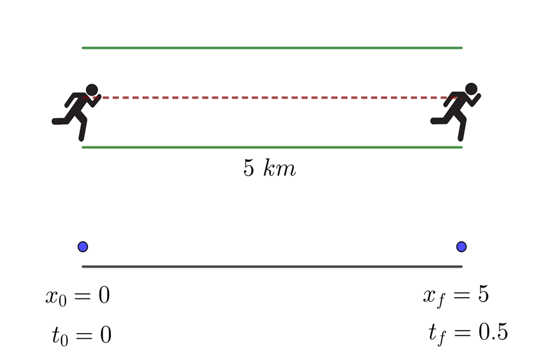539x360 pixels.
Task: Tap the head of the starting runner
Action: click(x=92, y=90)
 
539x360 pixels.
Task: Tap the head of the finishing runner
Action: click(x=472, y=89)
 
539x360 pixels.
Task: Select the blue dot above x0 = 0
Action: click(x=82, y=246)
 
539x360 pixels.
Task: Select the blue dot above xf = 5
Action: click(x=461, y=246)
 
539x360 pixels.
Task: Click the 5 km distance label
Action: click(x=269, y=169)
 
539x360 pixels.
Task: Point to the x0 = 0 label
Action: click(x=78, y=296)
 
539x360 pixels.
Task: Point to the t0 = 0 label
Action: click(x=81, y=335)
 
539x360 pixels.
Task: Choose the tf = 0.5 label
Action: click(x=468, y=333)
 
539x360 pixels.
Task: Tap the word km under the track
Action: click(x=280, y=169)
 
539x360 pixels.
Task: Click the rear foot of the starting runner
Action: click(x=57, y=121)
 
